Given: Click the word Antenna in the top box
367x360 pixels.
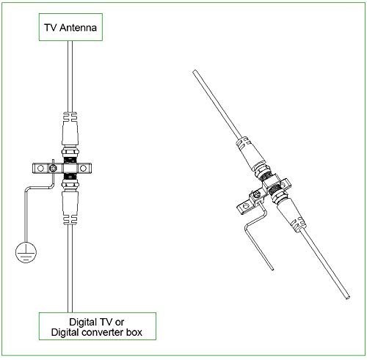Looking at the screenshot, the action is (x=78, y=27).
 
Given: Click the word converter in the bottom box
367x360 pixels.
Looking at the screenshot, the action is (x=103, y=332).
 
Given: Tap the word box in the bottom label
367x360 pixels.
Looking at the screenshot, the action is (x=134, y=332).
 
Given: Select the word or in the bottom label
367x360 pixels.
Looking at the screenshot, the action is (x=120, y=322).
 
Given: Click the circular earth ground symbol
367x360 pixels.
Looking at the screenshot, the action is (x=26, y=252).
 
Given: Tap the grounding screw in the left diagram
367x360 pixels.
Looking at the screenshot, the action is (x=53, y=168).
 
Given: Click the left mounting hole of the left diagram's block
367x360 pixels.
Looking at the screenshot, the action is (x=40, y=168).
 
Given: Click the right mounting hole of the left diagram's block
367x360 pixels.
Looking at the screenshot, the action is (x=83, y=168).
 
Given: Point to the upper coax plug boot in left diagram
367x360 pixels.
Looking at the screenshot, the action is (x=70, y=128).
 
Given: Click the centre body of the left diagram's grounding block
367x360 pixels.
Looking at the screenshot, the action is (x=70, y=168).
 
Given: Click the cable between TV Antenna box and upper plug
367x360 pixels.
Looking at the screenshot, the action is (x=70, y=76).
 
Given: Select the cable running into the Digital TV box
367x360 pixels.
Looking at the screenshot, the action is (x=70, y=268).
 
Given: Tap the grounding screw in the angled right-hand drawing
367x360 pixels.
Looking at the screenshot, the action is (x=256, y=195).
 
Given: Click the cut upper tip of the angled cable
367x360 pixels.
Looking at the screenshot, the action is (x=195, y=72).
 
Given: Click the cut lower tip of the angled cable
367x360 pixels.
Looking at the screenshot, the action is (x=347, y=298).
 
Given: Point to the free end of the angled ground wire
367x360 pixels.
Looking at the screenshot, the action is (x=272, y=269).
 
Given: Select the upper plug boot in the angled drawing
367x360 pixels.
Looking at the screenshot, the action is (x=250, y=154).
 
